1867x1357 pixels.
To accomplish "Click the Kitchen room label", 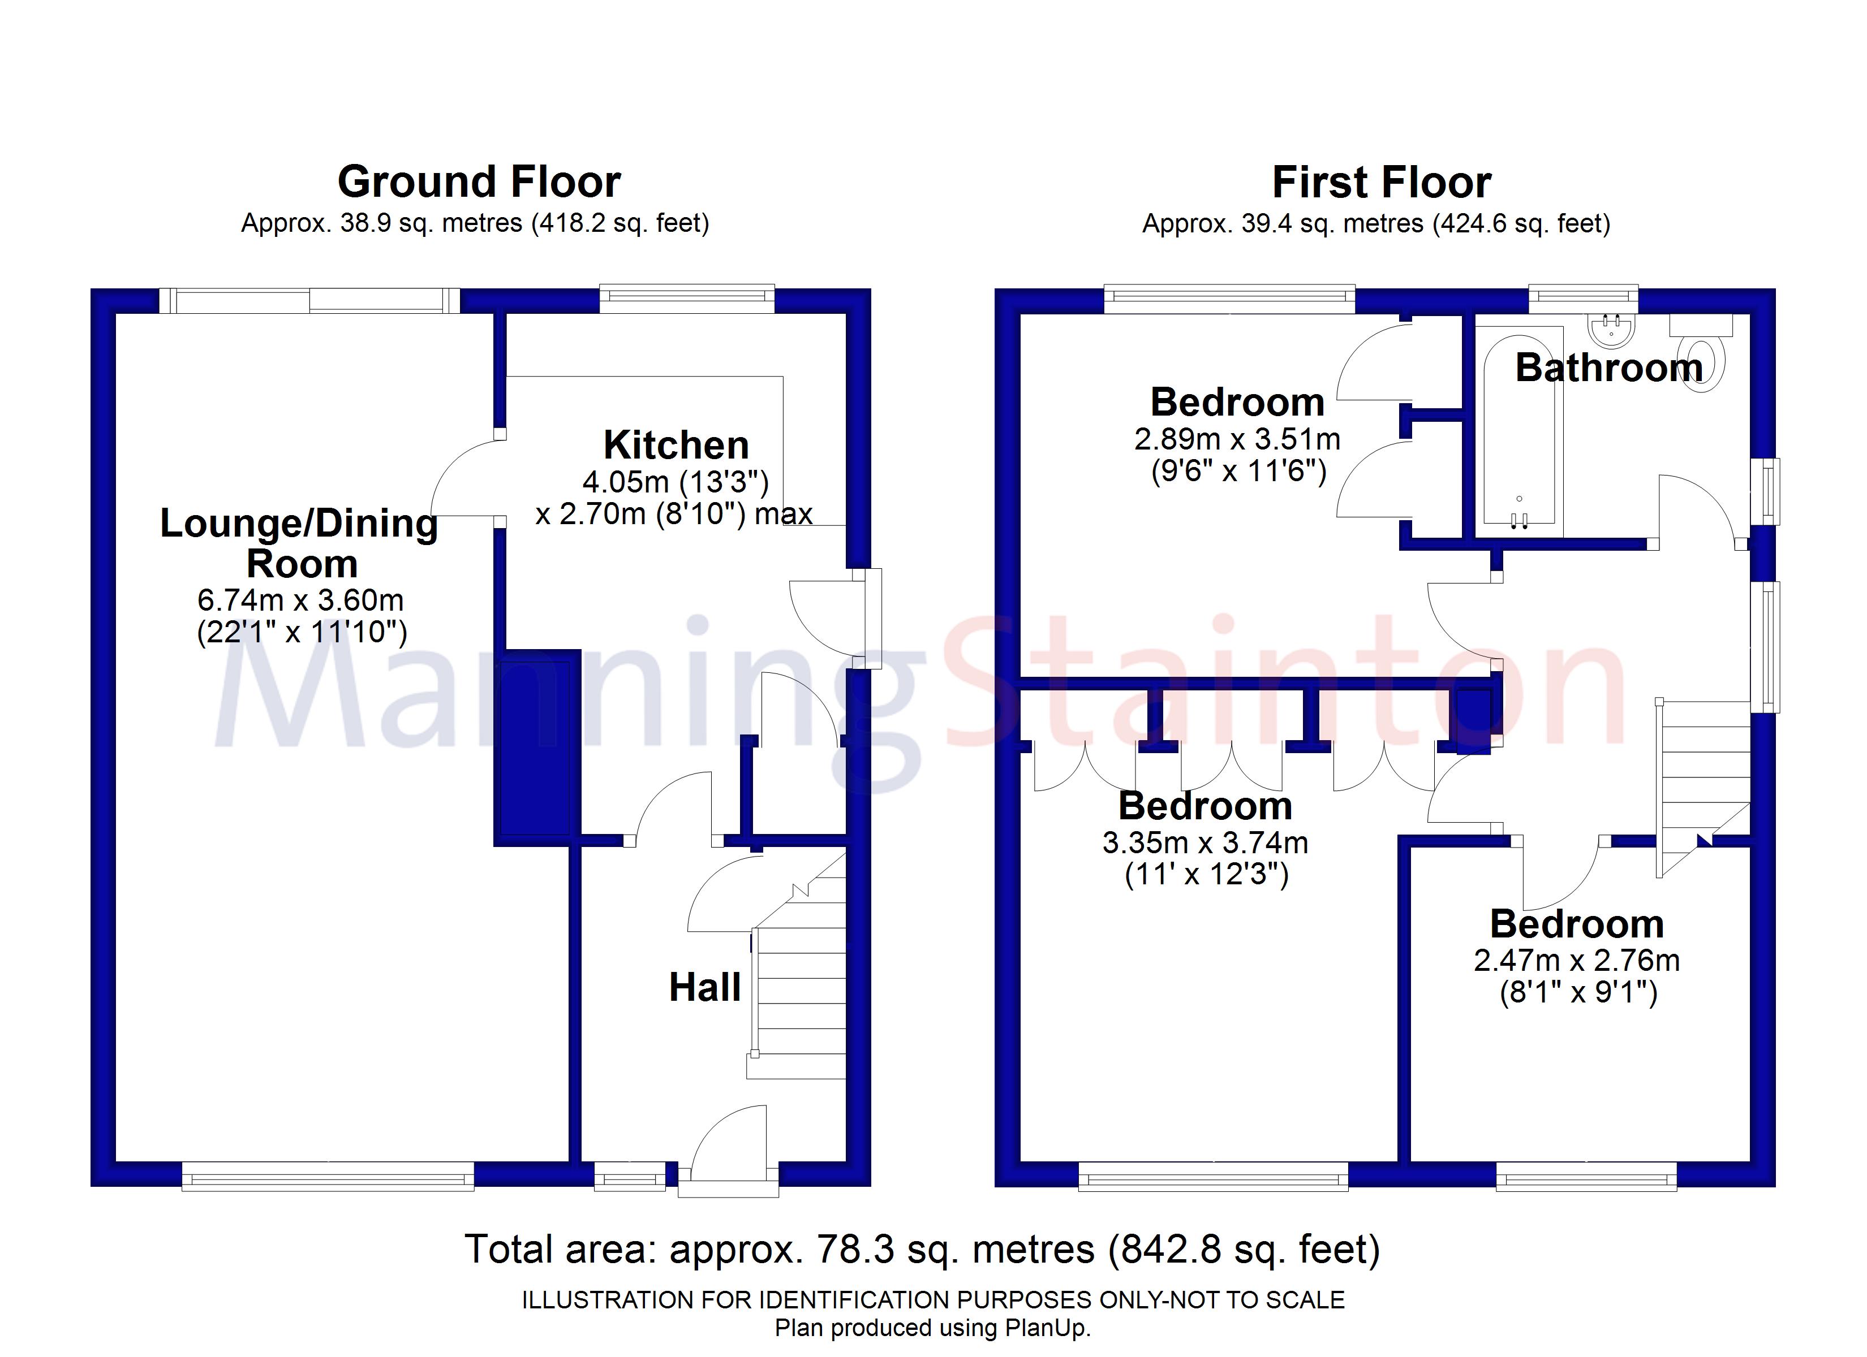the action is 676,445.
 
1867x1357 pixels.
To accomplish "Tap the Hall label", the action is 705,988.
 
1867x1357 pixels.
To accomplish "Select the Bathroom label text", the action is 1608,368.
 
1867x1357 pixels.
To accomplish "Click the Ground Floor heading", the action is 479,182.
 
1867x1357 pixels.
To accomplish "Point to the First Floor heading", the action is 1382,182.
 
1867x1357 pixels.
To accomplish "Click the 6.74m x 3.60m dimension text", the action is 300,600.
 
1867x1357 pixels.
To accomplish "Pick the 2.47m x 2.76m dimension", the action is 1576,960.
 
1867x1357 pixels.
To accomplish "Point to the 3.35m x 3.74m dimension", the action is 1205,842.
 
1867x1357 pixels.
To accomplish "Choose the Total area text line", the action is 922,1248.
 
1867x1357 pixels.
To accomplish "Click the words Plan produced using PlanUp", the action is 933,1328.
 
